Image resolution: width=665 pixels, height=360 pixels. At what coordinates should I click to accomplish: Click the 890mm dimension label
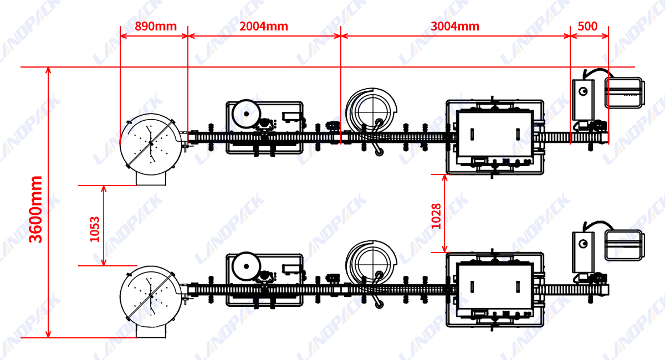[x=156, y=26]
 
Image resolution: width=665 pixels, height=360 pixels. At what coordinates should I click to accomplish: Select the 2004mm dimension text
[x=263, y=26]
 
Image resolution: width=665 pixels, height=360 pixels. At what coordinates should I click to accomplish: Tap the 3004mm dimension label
[x=455, y=26]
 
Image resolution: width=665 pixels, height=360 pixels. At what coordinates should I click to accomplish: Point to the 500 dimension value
[x=587, y=26]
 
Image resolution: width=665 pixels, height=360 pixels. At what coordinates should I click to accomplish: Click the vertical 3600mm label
[x=36, y=209]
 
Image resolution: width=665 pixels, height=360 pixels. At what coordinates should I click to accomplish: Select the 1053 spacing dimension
[x=95, y=229]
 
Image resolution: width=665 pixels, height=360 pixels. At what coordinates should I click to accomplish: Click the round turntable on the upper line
[x=149, y=141]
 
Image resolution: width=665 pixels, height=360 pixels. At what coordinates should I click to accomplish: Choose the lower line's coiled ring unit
[x=371, y=264]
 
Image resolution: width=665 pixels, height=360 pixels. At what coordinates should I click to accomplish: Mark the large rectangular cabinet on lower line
[x=494, y=286]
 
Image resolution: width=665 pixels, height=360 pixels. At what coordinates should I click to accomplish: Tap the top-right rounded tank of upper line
[x=625, y=92]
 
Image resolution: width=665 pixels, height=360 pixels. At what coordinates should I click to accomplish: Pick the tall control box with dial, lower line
[x=583, y=251]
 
